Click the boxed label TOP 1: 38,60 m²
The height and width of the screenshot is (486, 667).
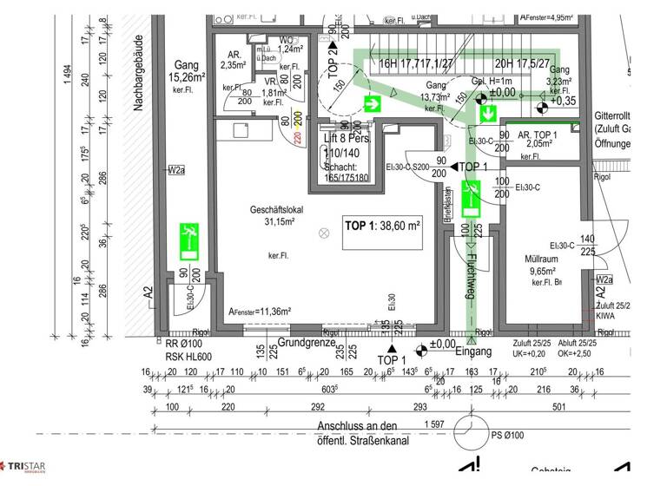(x=382, y=226)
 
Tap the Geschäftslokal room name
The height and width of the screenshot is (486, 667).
(x=274, y=211)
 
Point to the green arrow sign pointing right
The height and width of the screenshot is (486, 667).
(x=374, y=105)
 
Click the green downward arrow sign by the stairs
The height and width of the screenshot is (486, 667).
(x=488, y=113)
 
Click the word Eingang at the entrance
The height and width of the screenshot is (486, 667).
(x=472, y=351)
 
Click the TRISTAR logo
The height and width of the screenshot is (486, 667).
(x=23, y=469)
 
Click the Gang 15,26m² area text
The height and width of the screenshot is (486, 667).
(x=187, y=73)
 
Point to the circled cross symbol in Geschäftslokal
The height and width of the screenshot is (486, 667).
(x=325, y=233)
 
